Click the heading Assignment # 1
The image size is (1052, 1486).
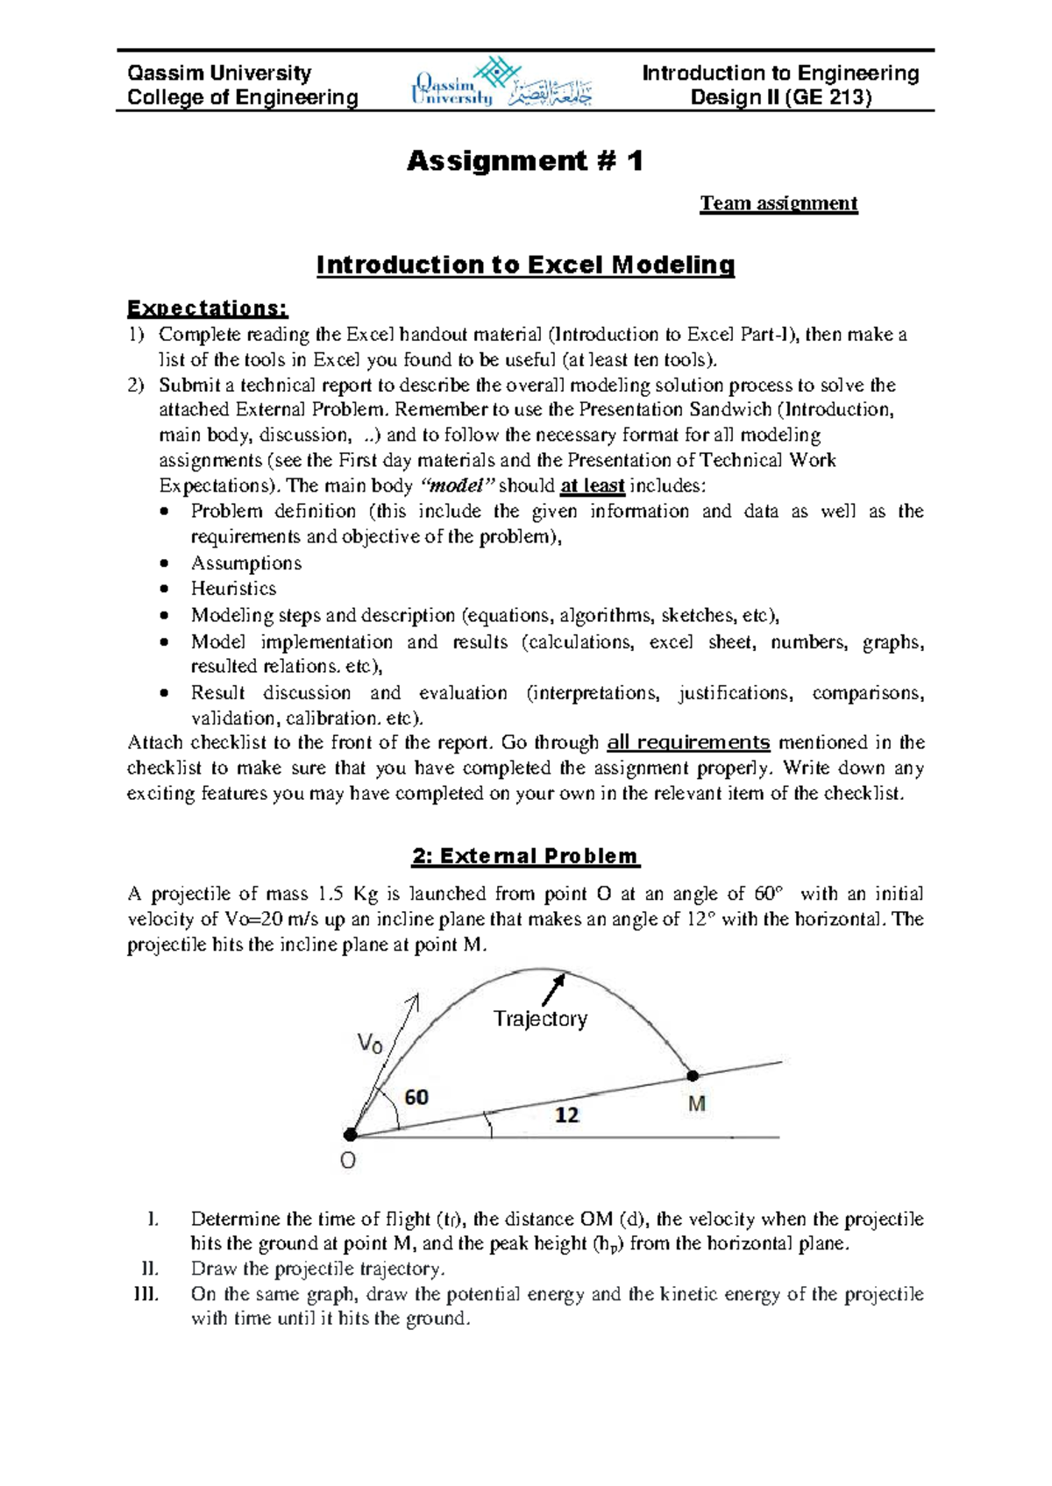pos(524,161)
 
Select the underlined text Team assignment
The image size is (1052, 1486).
pos(778,203)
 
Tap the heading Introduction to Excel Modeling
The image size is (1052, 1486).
pos(525,265)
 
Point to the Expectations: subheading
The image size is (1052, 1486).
pos(207,308)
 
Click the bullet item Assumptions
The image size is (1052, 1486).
pos(246,563)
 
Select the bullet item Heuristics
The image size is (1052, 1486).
pos(233,589)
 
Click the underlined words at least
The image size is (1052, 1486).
pos(593,486)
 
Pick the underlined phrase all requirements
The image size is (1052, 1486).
pos(688,743)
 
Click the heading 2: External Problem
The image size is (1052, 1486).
pos(526,856)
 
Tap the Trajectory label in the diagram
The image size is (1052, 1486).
pos(540,1018)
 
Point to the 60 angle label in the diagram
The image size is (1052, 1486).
pos(416,1097)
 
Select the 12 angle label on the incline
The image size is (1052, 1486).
pos(567,1114)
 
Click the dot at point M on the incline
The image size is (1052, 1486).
pos(693,1075)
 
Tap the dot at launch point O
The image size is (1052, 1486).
pos(350,1135)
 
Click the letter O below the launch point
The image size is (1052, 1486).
pos(347,1161)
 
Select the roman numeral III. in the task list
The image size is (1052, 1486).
pos(146,1294)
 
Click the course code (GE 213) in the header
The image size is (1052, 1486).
pos(828,97)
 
